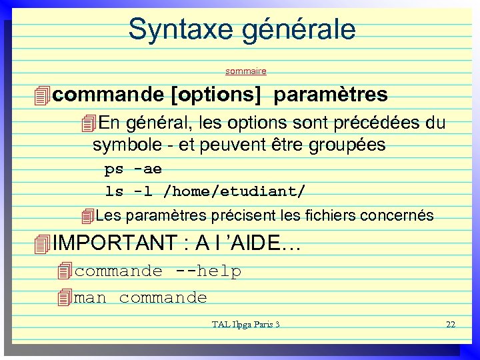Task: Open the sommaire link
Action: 246,70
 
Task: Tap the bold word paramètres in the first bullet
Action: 330,95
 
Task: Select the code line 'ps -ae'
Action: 133,169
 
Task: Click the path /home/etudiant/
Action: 235,191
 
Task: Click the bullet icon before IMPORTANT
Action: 42,244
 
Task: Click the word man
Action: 90,297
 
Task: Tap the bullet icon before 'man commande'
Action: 65,297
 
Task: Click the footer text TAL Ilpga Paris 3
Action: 245,325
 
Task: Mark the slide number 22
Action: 450,325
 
